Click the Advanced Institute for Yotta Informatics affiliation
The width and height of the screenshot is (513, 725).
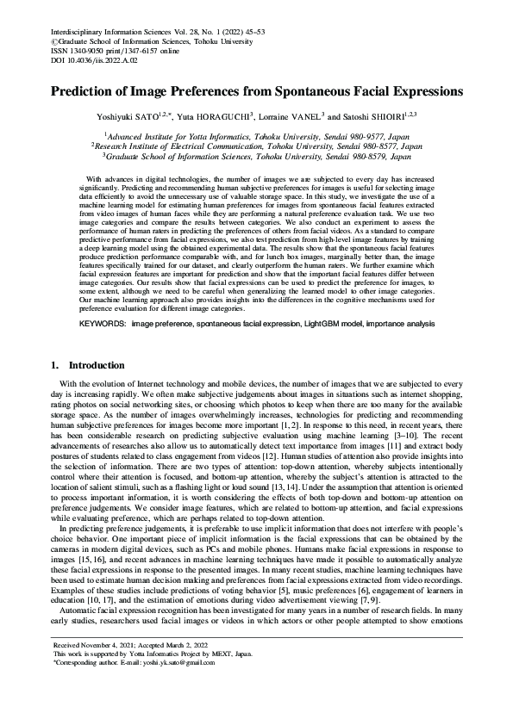(x=257, y=136)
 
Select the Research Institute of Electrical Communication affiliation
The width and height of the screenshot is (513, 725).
(x=257, y=146)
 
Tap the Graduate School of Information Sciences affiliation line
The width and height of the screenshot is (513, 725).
(x=257, y=157)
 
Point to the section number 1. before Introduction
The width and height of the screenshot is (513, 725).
(x=56, y=365)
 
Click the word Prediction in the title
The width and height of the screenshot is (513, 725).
(x=85, y=90)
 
